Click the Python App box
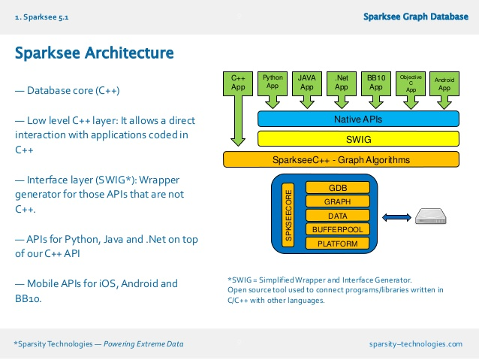coord(273,82)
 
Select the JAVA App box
coord(306,82)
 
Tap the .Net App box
coord(341,82)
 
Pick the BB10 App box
coord(375,82)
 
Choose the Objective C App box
coord(410,82)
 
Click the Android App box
coord(444,82)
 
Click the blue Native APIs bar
coord(357,119)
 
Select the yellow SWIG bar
coord(357,139)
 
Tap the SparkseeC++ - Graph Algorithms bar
coord(340,159)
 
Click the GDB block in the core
coord(337,187)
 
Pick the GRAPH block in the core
coord(337,201)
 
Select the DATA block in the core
coord(337,216)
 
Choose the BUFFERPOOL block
coord(337,229)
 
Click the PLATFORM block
coord(337,244)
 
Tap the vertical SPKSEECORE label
coord(287,215)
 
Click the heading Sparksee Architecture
coord(95,53)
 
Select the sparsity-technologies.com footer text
coord(417,343)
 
